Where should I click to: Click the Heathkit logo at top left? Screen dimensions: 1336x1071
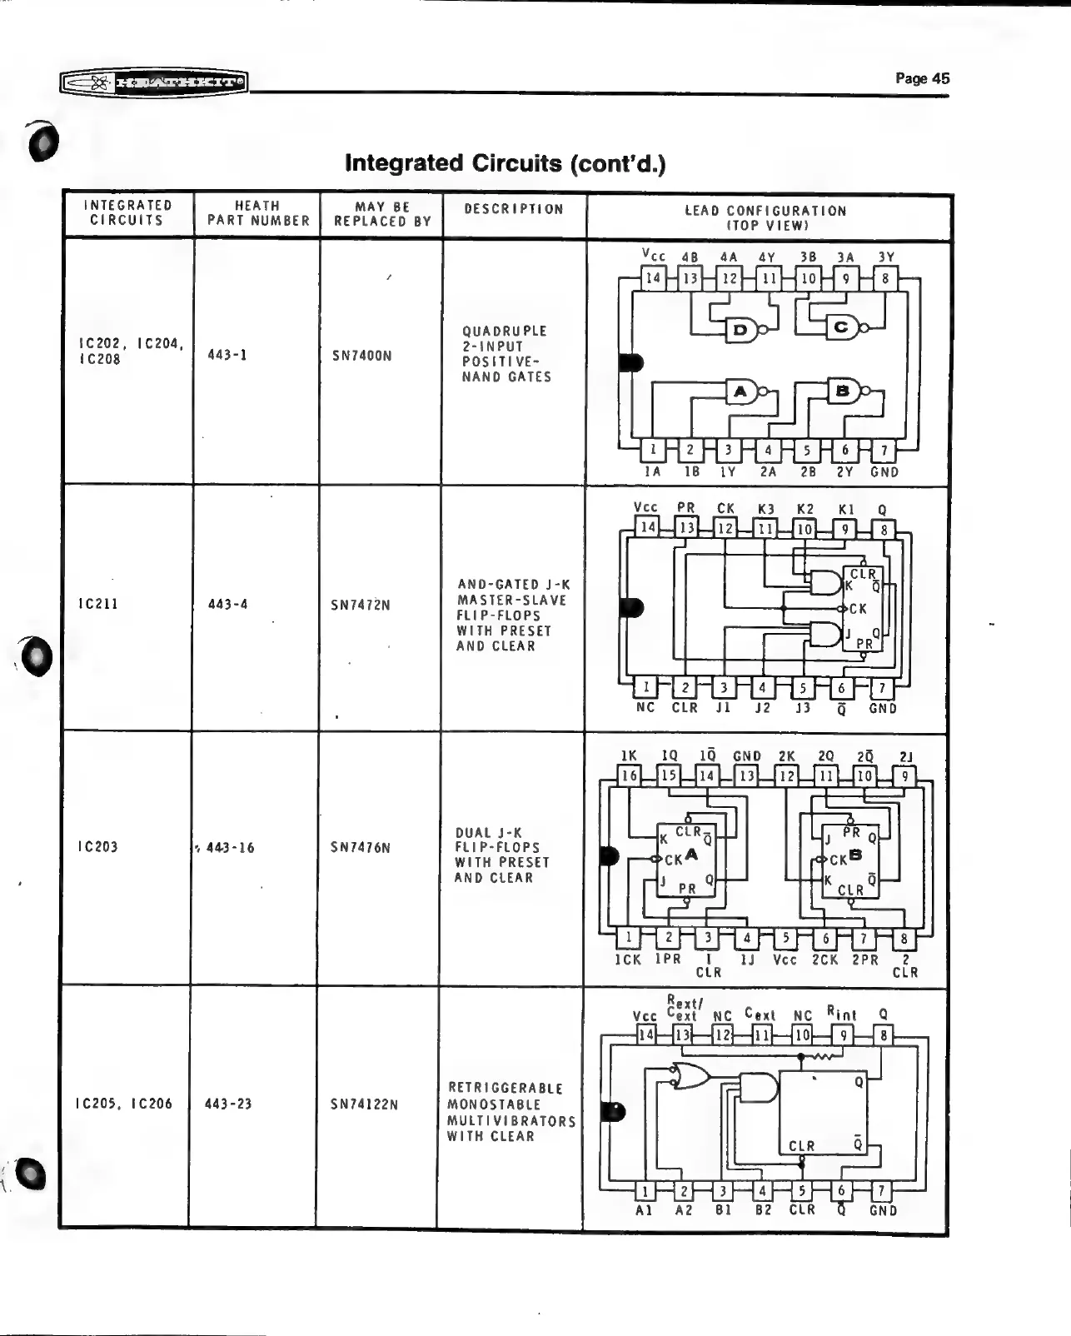tap(154, 82)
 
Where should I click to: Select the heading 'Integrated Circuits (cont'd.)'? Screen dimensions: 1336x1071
tap(506, 162)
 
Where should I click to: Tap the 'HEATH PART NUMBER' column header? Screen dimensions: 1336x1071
tap(257, 213)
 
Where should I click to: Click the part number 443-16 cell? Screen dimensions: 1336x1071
tap(230, 848)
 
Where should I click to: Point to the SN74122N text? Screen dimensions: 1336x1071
tap(364, 1104)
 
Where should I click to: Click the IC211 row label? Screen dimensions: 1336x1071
tap(98, 604)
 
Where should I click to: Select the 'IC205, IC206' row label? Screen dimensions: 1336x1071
tap(124, 1104)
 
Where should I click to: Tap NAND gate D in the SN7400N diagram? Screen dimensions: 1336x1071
tap(740, 331)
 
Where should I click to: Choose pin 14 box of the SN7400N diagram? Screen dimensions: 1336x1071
tap(653, 278)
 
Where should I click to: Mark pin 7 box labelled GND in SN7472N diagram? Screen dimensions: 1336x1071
tap(882, 688)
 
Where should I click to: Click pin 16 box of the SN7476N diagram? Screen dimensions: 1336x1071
tap(629, 775)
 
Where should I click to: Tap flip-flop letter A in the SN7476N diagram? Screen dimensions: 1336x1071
tap(691, 855)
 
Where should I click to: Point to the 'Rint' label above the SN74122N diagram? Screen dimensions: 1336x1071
tap(841, 1014)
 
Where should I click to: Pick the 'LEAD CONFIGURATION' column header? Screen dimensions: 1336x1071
tap(765, 211)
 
